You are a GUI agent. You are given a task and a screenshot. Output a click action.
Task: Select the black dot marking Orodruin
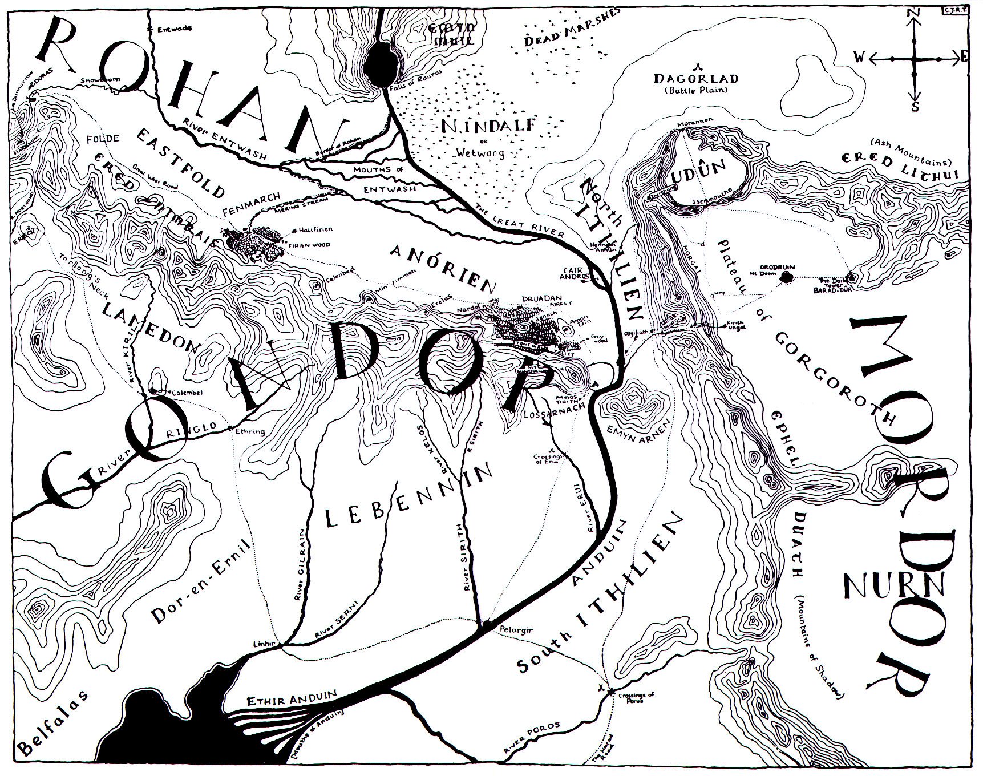[x=788, y=277]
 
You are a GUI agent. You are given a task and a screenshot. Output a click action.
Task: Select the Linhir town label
[x=264, y=644]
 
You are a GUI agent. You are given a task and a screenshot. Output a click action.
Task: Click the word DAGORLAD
[x=697, y=79]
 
